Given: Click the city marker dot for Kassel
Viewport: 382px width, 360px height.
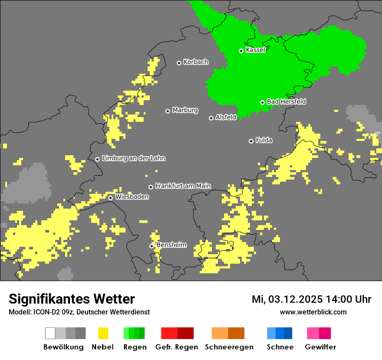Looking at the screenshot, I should coord(241,51).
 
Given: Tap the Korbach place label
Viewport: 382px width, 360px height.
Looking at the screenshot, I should coord(196,62).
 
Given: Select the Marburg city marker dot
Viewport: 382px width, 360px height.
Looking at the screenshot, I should coord(168,111).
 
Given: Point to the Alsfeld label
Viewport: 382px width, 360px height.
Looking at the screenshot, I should coord(226,117).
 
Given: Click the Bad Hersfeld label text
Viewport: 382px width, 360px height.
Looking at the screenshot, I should coord(286,101).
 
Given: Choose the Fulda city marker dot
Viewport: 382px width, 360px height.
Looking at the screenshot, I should coord(251,141).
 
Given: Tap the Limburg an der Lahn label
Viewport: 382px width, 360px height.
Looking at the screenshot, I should coord(133,158).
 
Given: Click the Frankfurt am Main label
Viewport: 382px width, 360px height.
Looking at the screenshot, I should coord(183,186).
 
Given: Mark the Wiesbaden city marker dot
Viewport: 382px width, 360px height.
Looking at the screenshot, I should coord(111,198).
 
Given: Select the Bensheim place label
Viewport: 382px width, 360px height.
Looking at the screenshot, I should coord(171,245).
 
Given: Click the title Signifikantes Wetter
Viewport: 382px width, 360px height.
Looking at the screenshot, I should coord(72,299).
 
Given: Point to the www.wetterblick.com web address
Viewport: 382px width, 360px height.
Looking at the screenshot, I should coord(313,312).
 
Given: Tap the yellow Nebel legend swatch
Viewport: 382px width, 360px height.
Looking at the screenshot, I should coord(103,333).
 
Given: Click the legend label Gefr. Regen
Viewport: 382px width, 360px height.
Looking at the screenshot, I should coord(177,347).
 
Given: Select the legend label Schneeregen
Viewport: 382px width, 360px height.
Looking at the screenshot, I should coord(229,347).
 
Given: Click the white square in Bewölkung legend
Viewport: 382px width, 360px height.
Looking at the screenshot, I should coord(50,333).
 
